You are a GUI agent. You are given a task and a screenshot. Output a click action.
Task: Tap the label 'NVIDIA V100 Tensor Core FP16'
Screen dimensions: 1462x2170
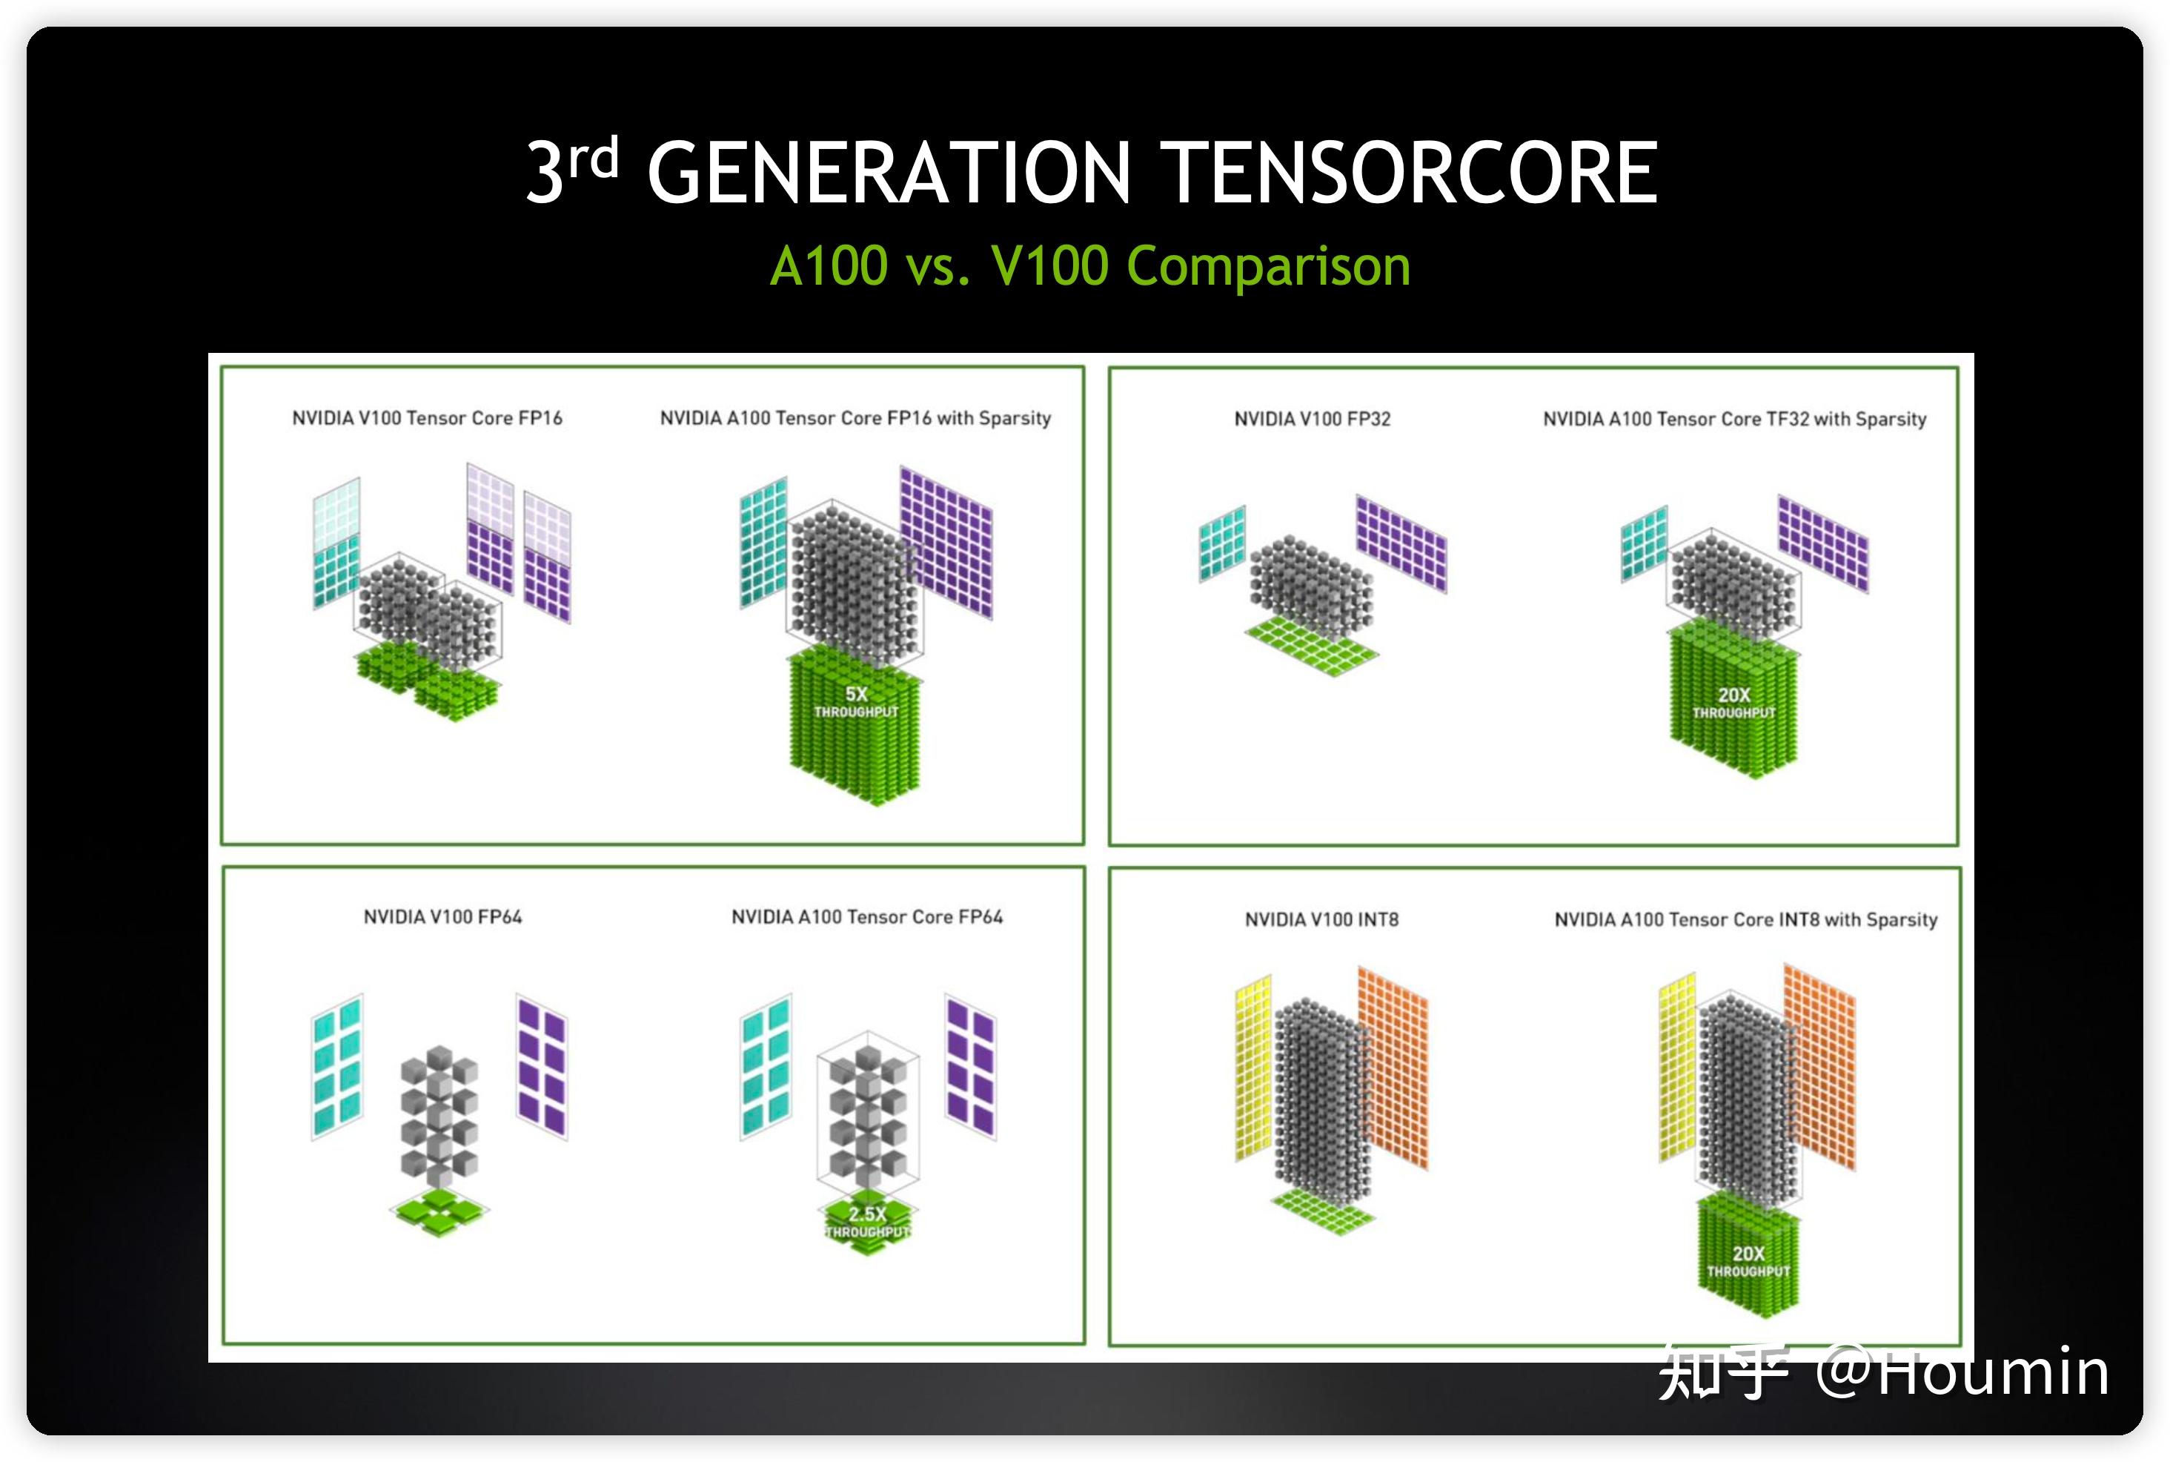[x=427, y=417]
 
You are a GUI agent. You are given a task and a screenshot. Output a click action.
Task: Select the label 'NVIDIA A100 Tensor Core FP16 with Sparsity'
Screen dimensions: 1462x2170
[x=855, y=417]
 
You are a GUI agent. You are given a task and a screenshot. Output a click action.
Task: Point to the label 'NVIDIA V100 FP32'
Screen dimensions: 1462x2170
[x=1312, y=420]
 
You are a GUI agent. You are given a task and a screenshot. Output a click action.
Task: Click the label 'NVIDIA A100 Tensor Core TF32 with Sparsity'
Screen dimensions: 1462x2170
[x=1733, y=420]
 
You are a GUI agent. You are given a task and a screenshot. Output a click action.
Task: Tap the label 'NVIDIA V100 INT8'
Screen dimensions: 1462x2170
[x=1321, y=920]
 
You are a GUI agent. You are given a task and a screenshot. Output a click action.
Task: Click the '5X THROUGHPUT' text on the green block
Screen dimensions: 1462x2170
[x=856, y=702]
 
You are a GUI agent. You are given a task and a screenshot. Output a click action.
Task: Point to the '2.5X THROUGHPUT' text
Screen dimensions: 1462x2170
[x=867, y=1223]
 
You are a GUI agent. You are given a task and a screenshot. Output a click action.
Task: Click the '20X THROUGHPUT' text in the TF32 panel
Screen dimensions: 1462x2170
[x=1733, y=703]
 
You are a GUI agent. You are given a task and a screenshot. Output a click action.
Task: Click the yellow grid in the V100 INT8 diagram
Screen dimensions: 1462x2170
[x=1252, y=1068]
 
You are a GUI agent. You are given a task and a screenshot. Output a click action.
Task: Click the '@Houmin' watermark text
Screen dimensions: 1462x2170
[x=1963, y=1372]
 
